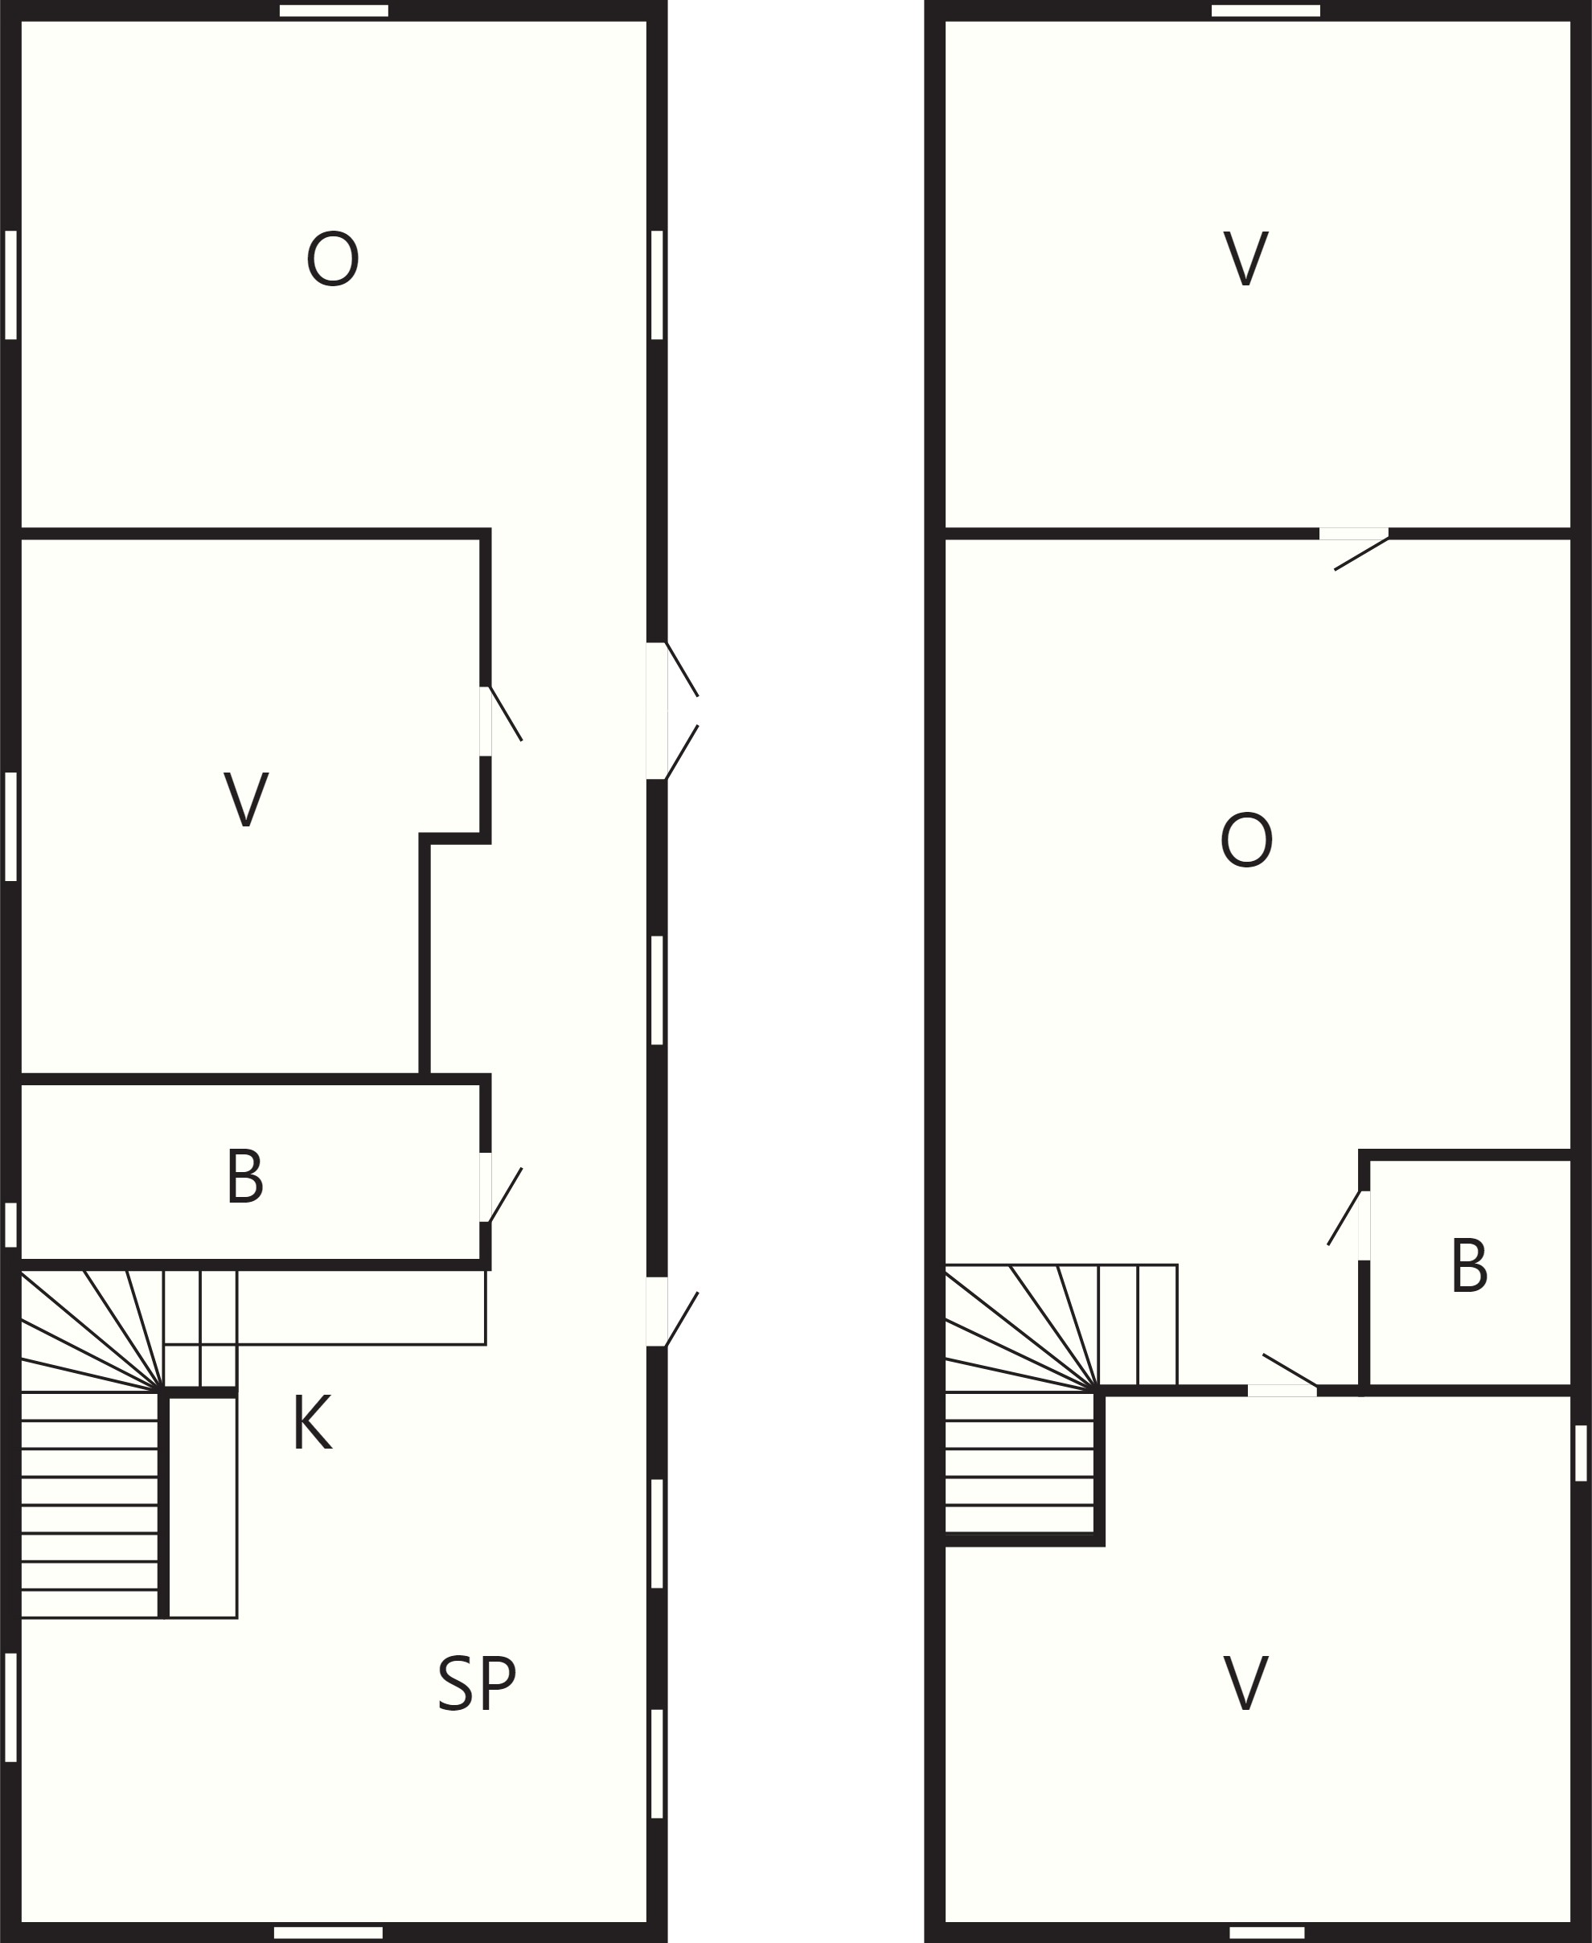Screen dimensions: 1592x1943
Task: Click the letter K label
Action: tap(312, 1422)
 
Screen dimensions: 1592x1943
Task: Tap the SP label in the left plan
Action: tap(477, 1683)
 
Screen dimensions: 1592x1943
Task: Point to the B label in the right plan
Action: tap(1469, 1265)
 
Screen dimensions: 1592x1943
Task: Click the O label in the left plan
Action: tap(332, 260)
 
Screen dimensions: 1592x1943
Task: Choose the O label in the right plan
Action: tap(1246, 840)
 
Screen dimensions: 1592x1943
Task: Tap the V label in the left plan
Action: tap(246, 800)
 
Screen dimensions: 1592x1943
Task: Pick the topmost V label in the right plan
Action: tap(1245, 259)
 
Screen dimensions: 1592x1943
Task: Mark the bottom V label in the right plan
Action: tap(1245, 1683)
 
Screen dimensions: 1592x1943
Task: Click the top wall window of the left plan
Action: tap(334, 11)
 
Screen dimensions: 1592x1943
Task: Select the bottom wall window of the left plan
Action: tap(328, 1932)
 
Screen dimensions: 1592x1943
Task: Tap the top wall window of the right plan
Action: tap(1266, 11)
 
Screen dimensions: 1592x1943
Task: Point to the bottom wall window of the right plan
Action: tap(1266, 1932)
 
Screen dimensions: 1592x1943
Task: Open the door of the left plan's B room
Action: tap(500, 1188)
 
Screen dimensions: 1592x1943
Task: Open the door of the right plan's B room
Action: tap(1349, 1226)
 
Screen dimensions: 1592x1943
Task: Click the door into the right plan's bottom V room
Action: tap(1283, 1375)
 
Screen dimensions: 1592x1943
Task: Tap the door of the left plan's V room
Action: tap(500, 722)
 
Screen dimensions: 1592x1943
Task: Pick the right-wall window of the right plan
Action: tap(1581, 1453)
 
